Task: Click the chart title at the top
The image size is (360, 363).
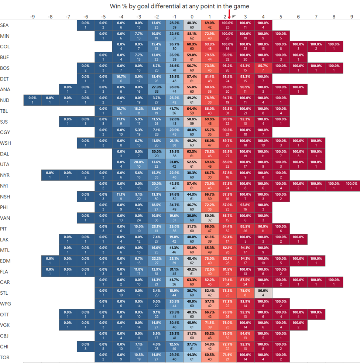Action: (179, 6)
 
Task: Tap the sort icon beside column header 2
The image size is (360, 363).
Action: (234, 16)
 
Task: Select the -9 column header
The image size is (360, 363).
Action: (32, 16)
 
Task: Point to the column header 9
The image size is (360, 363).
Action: (352, 16)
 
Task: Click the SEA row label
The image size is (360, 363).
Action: (5, 25)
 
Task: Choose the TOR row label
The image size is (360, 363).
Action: (5, 357)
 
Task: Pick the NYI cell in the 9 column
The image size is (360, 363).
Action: (352, 186)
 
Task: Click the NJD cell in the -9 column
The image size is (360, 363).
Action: (32, 100)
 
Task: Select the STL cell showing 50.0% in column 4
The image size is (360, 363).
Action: (263, 293)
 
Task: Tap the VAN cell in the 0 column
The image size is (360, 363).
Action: (192, 218)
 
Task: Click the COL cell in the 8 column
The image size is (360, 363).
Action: (334, 47)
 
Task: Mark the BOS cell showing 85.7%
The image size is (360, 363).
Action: (263, 68)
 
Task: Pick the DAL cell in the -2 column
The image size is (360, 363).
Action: (157, 154)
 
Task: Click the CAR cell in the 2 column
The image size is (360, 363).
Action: (227, 282)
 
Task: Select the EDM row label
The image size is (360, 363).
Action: (5, 261)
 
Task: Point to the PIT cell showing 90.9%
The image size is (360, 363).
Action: (263, 229)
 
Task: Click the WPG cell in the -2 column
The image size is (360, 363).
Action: (157, 304)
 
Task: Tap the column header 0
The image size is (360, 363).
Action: (192, 16)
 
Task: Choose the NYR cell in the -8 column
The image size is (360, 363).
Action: (50, 175)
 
